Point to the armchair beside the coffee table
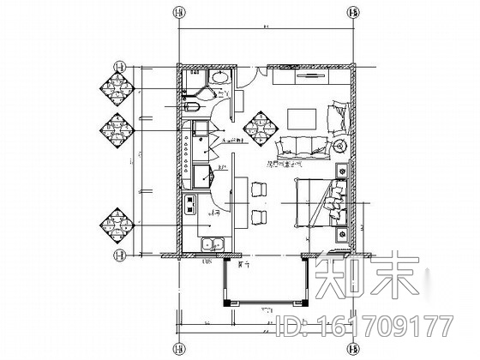pos(337,115)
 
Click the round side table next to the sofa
pos(340,146)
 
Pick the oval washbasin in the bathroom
pos(219,78)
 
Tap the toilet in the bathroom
pos(194,106)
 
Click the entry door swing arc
pos(244,77)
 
